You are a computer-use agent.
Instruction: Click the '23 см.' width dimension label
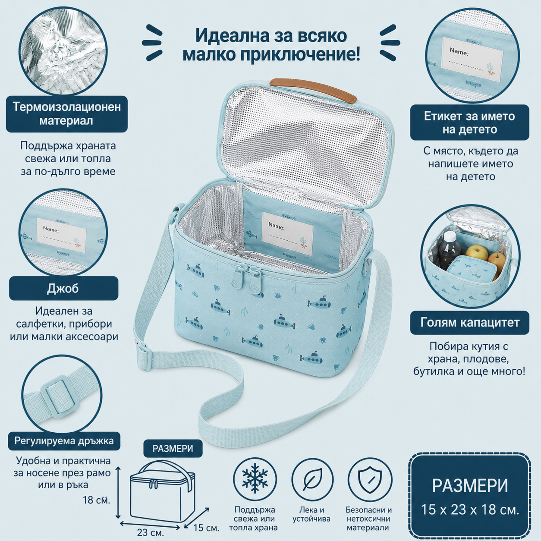(151, 532)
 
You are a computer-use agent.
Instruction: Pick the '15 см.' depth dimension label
(206, 528)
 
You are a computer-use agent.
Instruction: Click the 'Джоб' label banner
(64, 288)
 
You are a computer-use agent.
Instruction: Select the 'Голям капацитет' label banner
(470, 323)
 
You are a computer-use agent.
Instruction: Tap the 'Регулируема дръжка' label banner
(64, 441)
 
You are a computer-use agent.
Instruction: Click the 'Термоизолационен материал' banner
(67, 114)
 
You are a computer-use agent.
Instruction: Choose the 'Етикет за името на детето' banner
(470, 123)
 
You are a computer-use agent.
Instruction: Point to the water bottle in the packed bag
(450, 250)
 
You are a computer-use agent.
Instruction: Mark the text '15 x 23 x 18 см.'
(470, 510)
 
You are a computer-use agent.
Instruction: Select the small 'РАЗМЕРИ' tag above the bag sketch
(173, 448)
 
